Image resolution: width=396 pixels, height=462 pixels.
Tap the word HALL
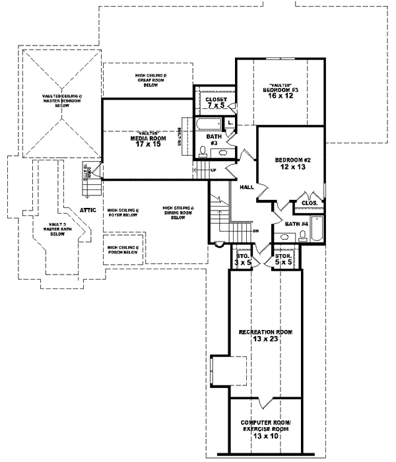pos(247,187)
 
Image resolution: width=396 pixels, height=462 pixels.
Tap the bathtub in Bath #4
pos(319,228)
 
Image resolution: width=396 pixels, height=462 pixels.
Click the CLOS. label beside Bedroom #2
pos(311,203)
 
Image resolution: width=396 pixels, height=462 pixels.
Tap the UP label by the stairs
pos(213,170)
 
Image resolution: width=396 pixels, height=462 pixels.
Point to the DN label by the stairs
pos(256,231)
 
